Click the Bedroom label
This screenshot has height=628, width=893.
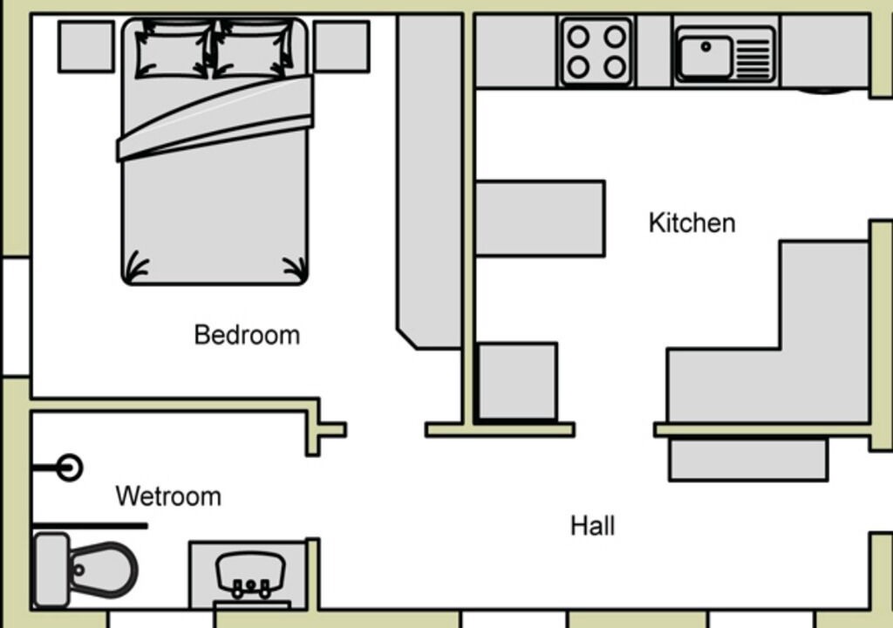(247, 335)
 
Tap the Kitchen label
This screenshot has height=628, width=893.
(692, 222)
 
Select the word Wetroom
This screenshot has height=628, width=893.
(168, 496)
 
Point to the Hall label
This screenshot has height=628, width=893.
(593, 525)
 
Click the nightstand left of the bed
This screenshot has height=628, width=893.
(86, 47)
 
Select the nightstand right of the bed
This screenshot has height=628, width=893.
(342, 47)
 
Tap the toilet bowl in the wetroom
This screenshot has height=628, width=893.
(103, 570)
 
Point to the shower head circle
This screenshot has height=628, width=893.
(70, 468)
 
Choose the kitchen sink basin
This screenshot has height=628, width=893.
(706, 56)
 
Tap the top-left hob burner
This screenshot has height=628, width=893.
(578, 37)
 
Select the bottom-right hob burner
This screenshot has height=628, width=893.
(615, 67)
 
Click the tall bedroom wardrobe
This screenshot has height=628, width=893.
(429, 181)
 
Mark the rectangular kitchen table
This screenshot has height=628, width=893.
(539, 219)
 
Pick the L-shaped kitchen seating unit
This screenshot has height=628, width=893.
(768, 331)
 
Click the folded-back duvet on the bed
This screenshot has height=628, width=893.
(215, 118)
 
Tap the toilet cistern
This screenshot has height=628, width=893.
(51, 570)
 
